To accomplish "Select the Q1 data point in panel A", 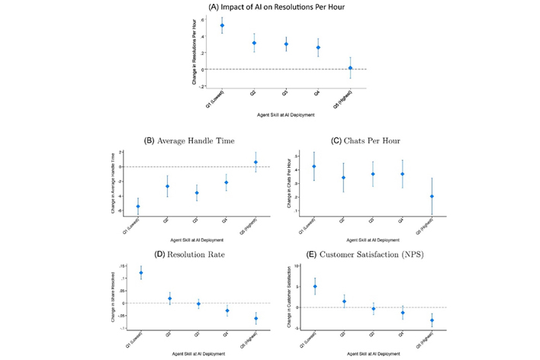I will (222, 25).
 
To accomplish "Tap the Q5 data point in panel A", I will (350, 68).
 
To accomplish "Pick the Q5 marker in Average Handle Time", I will (256, 162).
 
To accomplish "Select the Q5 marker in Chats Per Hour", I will (432, 197).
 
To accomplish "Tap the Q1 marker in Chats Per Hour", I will (314, 166).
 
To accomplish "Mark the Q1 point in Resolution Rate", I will (141, 272).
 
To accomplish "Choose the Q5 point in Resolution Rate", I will (256, 318).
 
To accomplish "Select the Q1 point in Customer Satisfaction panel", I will (314, 286).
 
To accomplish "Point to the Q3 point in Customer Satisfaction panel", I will (373, 309).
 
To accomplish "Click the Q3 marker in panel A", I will (286, 44).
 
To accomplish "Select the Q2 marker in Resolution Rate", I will (169, 298).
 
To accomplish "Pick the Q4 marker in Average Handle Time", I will (227, 182).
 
